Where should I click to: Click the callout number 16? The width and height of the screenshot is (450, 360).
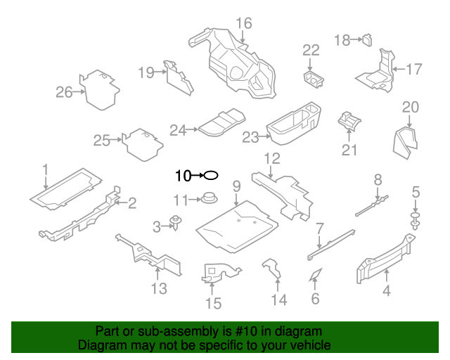(243, 23)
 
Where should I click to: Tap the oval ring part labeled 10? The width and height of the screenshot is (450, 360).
(211, 175)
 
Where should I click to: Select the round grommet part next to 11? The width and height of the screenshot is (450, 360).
(207, 199)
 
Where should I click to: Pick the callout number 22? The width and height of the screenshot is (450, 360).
(311, 49)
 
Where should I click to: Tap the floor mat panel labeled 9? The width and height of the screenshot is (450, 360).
(235, 226)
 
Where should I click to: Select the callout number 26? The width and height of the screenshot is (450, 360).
(64, 92)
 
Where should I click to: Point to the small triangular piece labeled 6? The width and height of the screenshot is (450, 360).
(314, 275)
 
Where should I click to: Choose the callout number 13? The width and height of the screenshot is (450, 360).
(159, 288)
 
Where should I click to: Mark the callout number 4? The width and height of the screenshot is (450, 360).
(387, 291)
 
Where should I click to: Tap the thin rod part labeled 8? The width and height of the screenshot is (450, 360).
(373, 204)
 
